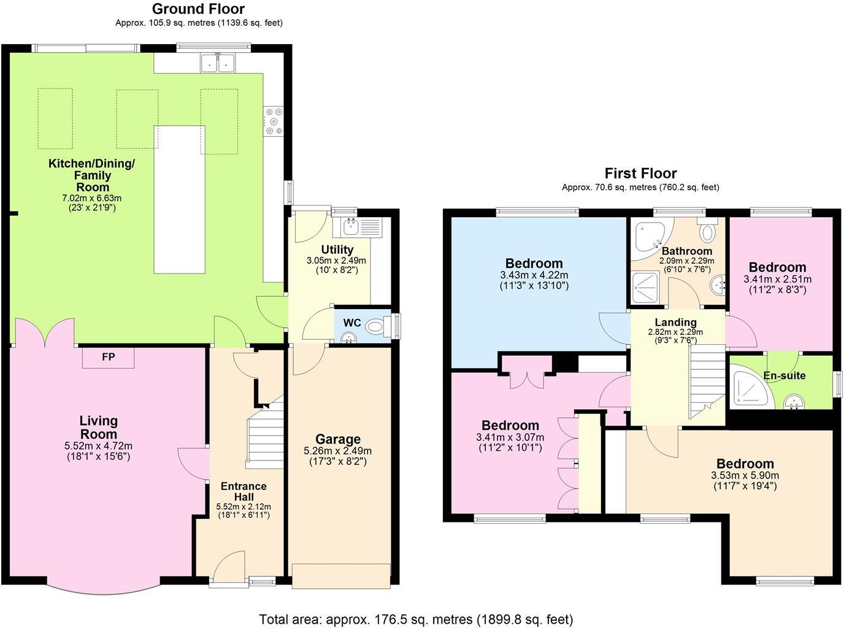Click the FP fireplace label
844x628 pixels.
tap(108, 357)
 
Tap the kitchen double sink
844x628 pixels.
tap(218, 62)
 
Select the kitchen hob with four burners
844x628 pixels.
tap(273, 121)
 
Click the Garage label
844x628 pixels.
tap(337, 439)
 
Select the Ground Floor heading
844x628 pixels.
tap(198, 9)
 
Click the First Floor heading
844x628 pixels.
tap(640, 174)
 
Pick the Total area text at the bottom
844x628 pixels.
tap(416, 619)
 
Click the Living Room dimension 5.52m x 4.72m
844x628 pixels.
tap(98, 446)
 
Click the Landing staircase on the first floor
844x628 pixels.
tap(707, 380)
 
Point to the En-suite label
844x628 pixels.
tap(784, 375)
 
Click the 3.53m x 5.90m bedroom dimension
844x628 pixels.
tap(744, 475)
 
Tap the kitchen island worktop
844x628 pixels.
tap(179, 199)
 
